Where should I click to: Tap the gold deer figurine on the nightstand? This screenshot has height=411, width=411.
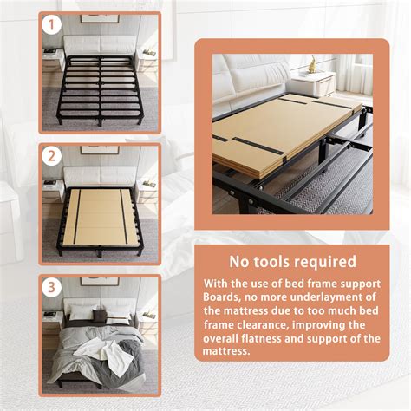(x=312, y=63)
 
